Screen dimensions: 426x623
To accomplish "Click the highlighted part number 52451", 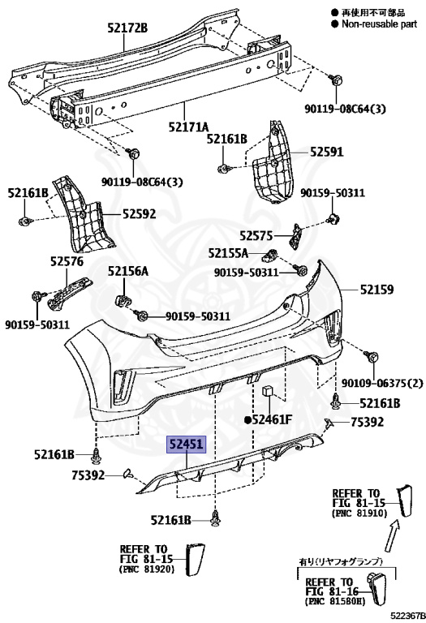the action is [187, 445].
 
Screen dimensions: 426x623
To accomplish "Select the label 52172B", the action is [127, 28].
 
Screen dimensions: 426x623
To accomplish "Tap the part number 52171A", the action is [188, 127].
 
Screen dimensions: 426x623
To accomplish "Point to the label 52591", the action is [327, 152].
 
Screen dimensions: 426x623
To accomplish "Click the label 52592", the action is [139, 214].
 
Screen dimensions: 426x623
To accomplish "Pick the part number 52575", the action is [256, 236].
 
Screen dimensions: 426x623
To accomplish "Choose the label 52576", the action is [67, 261].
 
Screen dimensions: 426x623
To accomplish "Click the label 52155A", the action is [228, 253].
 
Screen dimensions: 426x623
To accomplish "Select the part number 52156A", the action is [128, 271].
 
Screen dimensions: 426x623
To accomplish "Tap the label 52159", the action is [377, 290].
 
